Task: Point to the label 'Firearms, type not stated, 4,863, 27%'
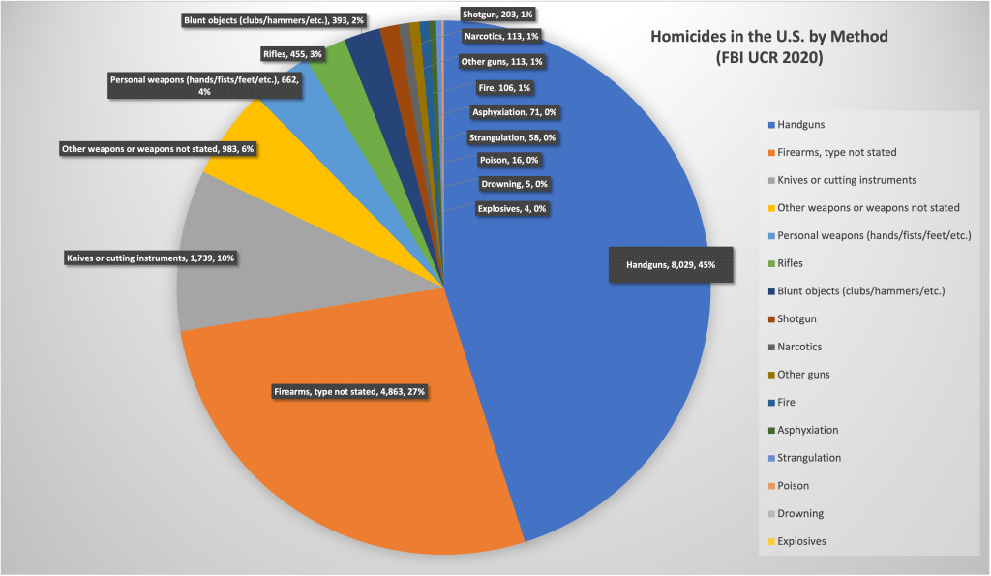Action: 349,392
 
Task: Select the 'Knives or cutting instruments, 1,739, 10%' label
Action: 150,258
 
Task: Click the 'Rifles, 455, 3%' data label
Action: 291,54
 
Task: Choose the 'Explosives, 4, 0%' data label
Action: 512,208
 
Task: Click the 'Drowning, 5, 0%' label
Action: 514,184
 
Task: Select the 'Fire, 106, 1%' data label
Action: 504,88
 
